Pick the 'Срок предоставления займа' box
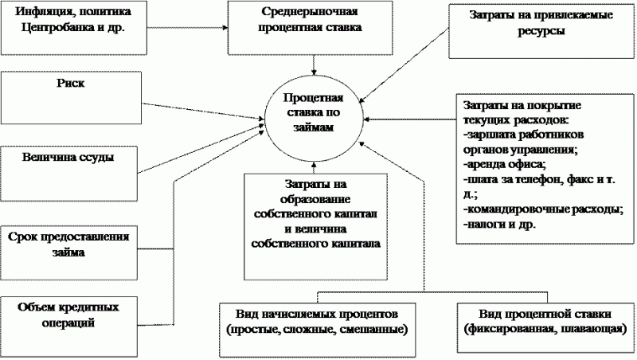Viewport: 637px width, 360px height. (x=71, y=245)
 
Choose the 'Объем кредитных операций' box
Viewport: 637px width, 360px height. (x=71, y=315)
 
